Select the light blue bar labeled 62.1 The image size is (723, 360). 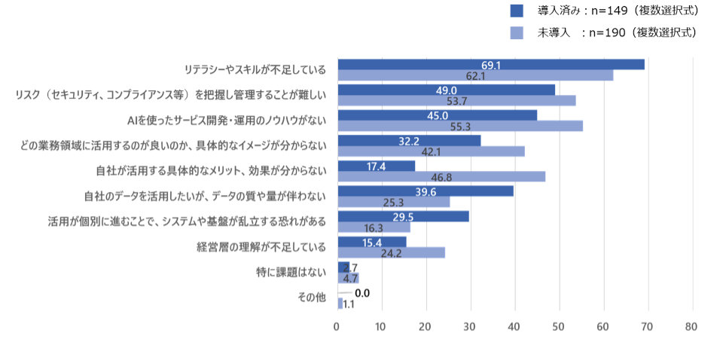click(475, 75)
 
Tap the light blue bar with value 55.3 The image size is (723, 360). click(460, 126)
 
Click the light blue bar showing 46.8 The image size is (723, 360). click(441, 177)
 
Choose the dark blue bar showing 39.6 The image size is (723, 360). click(426, 191)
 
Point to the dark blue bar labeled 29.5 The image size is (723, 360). click(403, 217)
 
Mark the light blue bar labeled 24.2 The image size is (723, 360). click(391, 252)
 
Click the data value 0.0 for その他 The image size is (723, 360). click(361, 293)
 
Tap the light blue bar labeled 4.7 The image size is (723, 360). click(348, 278)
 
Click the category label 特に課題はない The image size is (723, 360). click(291, 272)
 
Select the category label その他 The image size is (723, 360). click(312, 297)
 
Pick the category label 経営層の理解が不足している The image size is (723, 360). click(261, 246)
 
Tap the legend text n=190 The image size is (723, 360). click(609, 32)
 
